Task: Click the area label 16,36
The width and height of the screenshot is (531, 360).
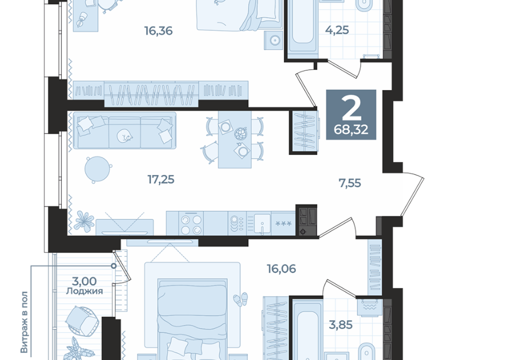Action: pos(159,31)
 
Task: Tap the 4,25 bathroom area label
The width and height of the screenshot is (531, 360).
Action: pos(337,30)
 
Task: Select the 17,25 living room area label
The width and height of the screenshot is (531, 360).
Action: pos(161,179)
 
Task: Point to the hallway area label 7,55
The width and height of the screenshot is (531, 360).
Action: pos(350,183)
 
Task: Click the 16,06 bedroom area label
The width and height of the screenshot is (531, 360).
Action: pos(281,269)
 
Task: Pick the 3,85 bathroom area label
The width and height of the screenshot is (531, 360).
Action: pos(341,325)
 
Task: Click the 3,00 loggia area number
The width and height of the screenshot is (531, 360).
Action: pos(84,281)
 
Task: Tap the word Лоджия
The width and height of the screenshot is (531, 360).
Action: pos(84,291)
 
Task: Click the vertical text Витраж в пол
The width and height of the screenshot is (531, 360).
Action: pos(24,322)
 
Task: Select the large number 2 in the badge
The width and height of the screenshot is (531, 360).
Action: pos(351,107)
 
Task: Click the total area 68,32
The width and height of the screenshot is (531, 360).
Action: pos(351,129)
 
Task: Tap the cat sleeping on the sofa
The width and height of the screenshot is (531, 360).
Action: pos(124,136)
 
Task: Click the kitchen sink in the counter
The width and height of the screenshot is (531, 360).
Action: pos(262,223)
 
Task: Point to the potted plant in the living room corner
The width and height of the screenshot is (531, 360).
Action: pos(83,221)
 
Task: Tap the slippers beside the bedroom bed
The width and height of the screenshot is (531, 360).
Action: pos(240,300)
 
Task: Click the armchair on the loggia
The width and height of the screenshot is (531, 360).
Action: pos(82,322)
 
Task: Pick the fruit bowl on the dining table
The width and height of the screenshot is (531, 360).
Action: pos(241,133)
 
